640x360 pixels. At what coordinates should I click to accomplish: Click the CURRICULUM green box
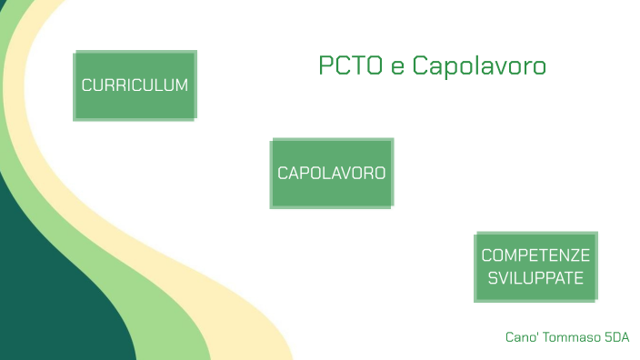(135, 85)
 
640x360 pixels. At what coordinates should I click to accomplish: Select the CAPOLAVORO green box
(331, 173)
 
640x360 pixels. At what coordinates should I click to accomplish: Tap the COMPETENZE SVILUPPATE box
(535, 266)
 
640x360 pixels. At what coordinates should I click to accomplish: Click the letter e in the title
(396, 68)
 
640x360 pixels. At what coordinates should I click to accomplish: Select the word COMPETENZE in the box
(535, 255)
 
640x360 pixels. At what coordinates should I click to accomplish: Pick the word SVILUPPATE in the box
(535, 278)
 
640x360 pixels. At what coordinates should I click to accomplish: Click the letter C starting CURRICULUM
(86, 85)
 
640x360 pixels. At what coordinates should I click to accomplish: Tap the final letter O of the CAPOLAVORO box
(379, 173)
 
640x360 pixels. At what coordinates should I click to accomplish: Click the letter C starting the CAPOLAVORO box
(283, 173)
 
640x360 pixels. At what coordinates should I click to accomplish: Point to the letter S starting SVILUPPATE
(492, 278)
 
